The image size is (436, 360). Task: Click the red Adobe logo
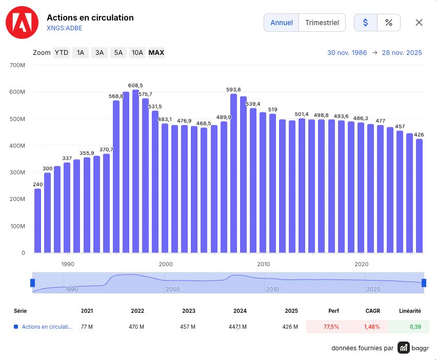click(x=22, y=23)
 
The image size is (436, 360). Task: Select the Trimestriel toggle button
click(x=322, y=23)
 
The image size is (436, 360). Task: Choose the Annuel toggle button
click(x=282, y=23)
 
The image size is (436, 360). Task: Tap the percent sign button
click(x=389, y=23)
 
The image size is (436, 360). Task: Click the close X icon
click(x=419, y=23)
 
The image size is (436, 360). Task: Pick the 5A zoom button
click(x=118, y=52)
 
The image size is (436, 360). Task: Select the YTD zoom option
click(x=62, y=52)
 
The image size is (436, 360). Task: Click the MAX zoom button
click(x=156, y=52)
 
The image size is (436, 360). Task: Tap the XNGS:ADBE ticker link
click(x=65, y=28)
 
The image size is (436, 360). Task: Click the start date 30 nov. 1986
click(x=347, y=52)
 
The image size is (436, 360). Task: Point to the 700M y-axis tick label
click(x=17, y=65)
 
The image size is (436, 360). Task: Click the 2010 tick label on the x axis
click(x=263, y=264)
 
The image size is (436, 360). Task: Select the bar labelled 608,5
click(x=136, y=171)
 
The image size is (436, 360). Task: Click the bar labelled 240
click(x=37, y=221)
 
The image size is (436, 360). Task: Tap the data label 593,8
click(x=233, y=90)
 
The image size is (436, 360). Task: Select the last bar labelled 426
click(x=419, y=196)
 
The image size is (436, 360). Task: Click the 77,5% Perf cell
click(x=331, y=327)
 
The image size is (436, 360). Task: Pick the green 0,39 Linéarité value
click(x=415, y=327)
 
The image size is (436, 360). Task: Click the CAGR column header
click(x=372, y=311)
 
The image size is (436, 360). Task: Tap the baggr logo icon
click(x=404, y=348)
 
